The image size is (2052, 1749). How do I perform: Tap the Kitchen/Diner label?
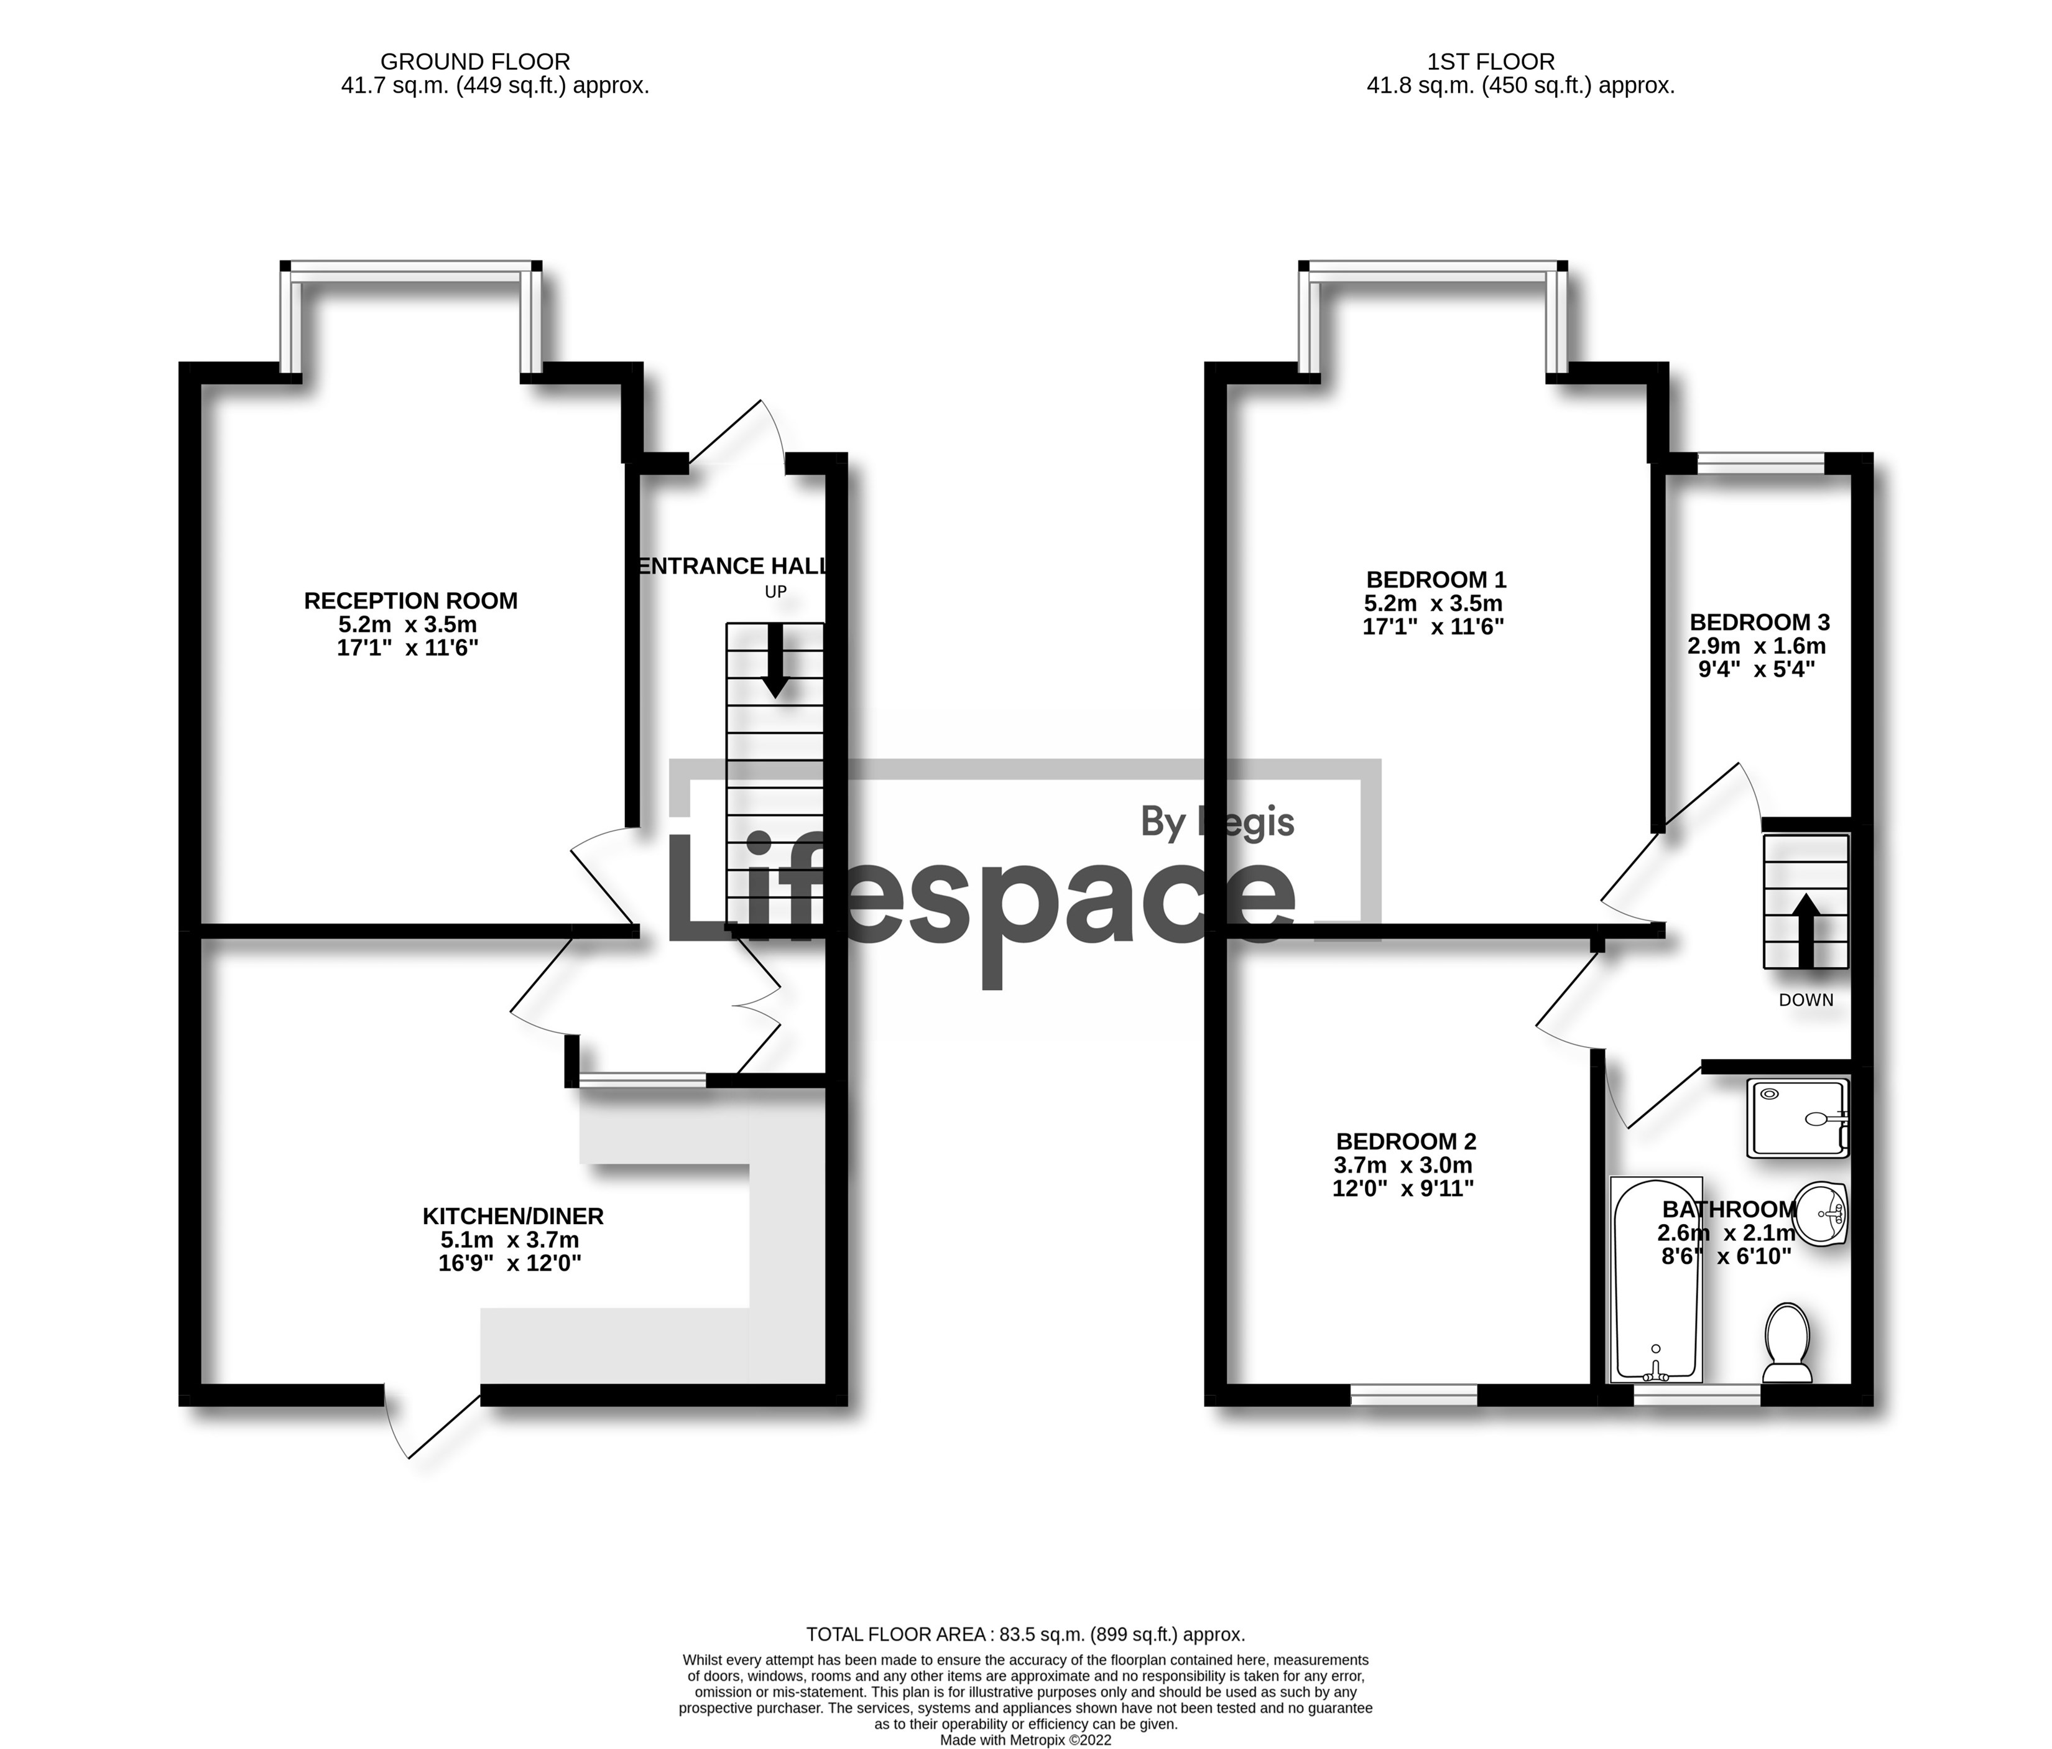coord(513,1216)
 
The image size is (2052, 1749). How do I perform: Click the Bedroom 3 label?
coord(1759,623)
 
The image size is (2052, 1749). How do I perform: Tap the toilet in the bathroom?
coord(1788,1342)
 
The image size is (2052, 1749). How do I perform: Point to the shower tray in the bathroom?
coord(1798,1118)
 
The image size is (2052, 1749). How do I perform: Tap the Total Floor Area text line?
coord(1025,1635)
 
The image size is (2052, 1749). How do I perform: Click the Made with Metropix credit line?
coord(1025,1740)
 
